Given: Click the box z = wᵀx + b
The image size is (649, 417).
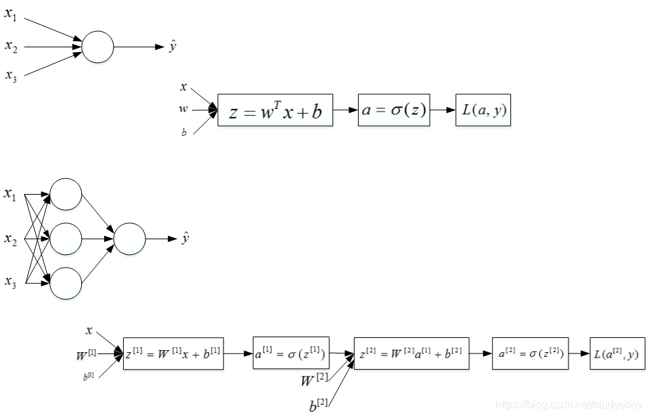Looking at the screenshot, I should [x=275, y=110].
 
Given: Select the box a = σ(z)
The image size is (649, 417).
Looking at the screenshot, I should [x=394, y=110].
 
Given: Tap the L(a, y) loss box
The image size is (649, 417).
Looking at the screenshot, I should [x=482, y=110].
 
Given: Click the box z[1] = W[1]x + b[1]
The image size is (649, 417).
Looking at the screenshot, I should [x=173, y=353].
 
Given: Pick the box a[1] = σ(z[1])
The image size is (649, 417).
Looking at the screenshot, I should [x=291, y=353].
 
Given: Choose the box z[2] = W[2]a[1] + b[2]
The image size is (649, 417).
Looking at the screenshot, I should [x=411, y=353].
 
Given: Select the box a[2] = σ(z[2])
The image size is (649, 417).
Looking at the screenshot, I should [x=530, y=353].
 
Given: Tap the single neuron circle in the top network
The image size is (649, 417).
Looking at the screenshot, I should [x=98, y=47].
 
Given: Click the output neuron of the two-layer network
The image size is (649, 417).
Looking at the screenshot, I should [x=130, y=239].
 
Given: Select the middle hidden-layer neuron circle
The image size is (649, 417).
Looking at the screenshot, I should [x=66, y=239].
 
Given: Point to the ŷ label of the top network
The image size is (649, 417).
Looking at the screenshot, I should [x=173, y=47].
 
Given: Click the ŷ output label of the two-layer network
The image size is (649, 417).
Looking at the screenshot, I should [x=185, y=238].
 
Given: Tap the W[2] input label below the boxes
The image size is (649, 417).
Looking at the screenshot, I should [x=315, y=381].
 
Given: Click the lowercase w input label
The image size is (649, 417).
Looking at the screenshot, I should [x=183, y=109].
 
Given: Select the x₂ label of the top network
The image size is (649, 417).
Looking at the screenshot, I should [x=11, y=46].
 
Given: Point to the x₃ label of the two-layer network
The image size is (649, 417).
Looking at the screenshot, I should [x=10, y=282].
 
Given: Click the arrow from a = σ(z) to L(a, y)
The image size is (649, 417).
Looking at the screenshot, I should [x=443, y=110].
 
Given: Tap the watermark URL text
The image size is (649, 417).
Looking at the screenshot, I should [x=568, y=404].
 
